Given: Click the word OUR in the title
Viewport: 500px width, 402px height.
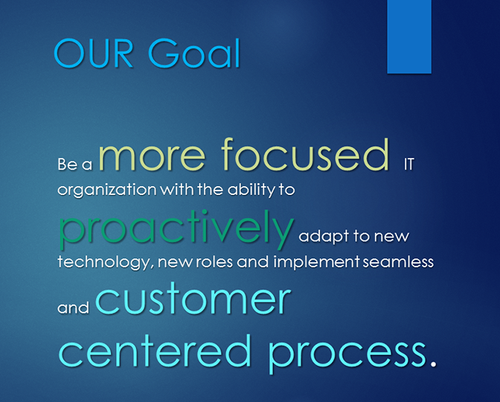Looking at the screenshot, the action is tap(94, 53).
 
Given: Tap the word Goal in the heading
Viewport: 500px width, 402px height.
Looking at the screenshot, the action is tap(194, 53).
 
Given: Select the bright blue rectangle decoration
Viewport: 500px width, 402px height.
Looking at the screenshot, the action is tap(409, 36).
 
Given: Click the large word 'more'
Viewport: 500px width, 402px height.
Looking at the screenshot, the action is tap(152, 155).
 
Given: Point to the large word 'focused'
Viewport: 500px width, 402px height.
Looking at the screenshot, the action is tap(305, 154).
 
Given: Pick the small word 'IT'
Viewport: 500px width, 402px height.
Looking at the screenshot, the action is tap(408, 165).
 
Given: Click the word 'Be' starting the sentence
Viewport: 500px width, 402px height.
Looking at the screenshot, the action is tap(68, 165).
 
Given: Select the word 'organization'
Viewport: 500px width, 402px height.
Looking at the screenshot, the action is tap(107, 190).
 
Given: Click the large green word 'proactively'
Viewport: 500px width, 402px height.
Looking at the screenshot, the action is tap(176, 229).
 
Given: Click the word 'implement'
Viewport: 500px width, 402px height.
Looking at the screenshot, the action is tap(316, 262).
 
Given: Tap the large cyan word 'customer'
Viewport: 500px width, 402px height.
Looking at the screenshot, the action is tap(193, 299).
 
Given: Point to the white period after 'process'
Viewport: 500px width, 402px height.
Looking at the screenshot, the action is tap(433, 363).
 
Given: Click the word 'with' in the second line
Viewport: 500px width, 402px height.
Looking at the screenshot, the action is tap(177, 190).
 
